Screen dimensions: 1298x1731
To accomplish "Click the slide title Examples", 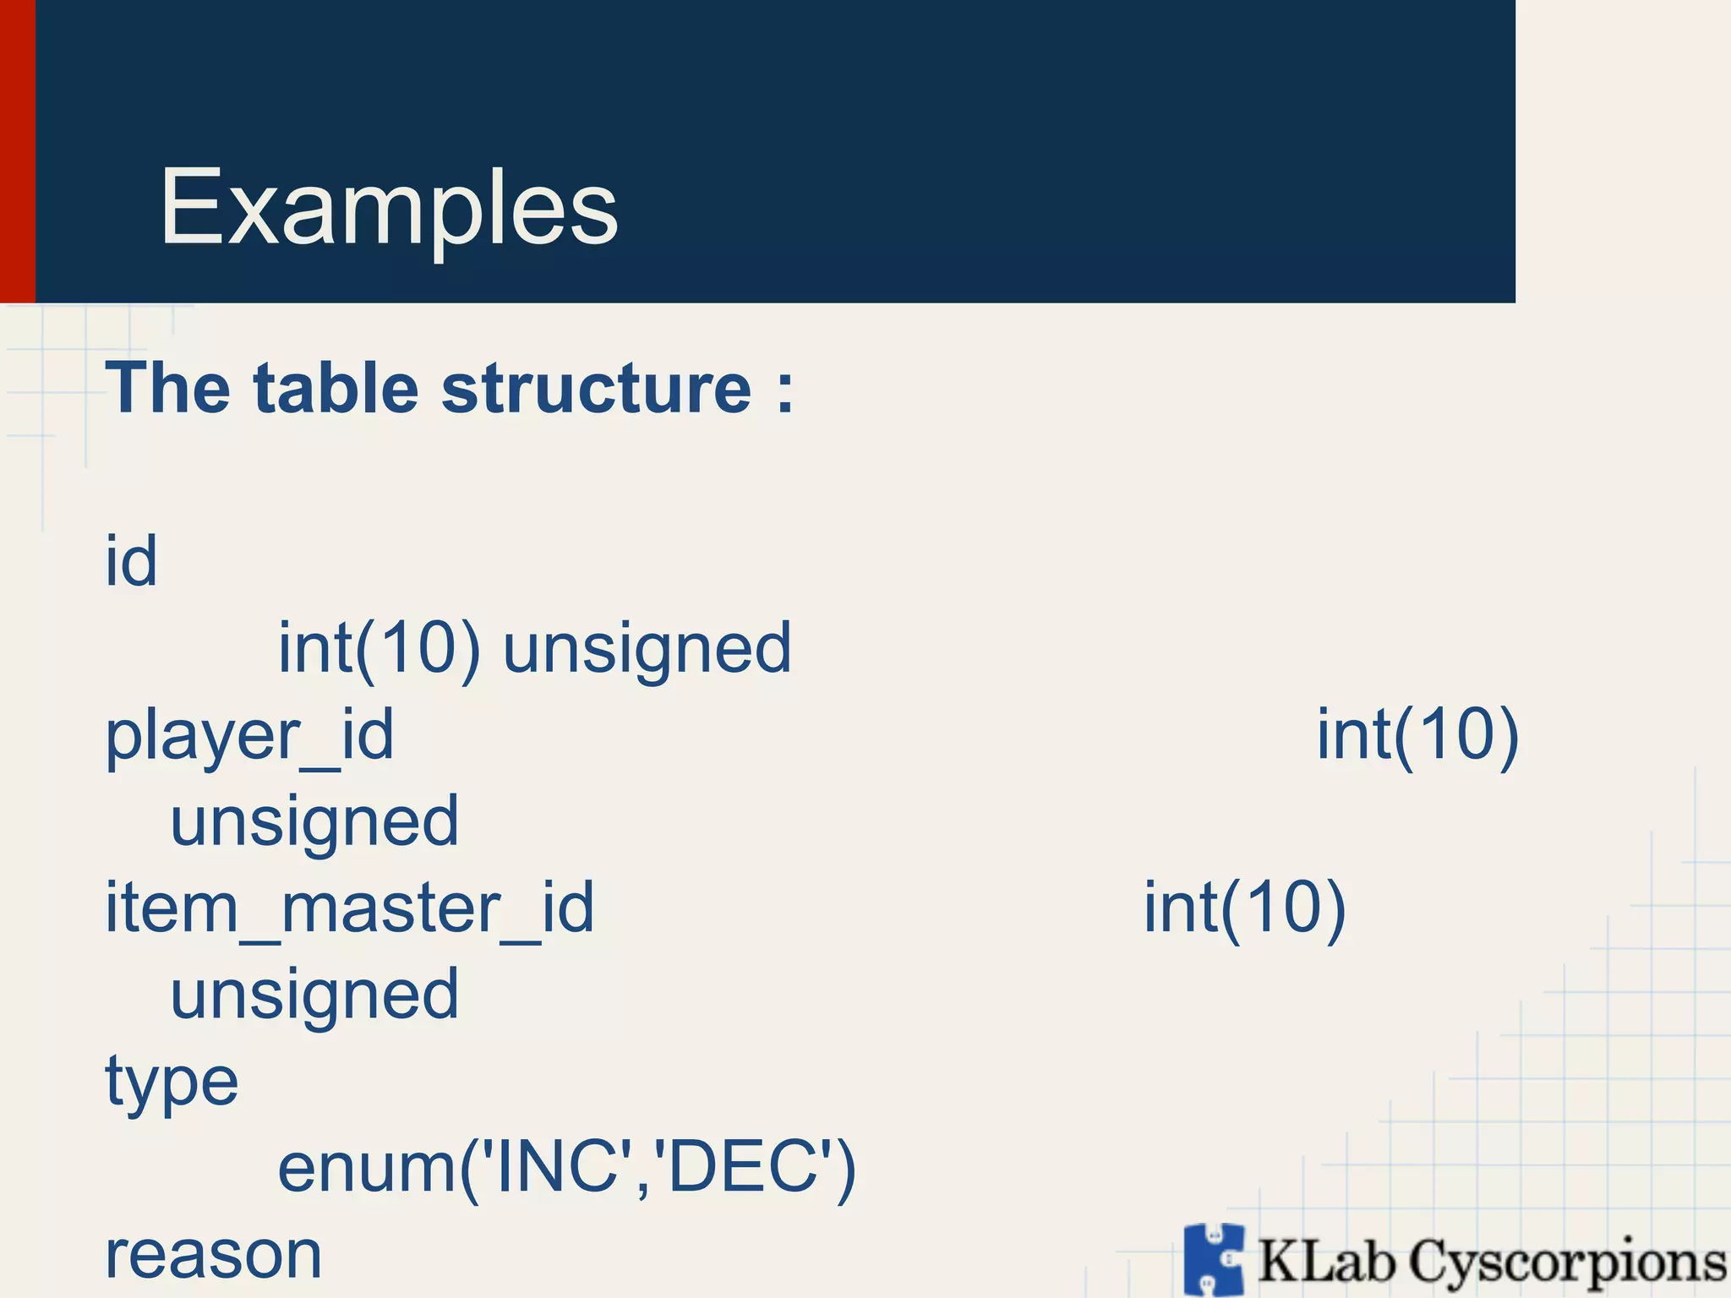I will point(389,208).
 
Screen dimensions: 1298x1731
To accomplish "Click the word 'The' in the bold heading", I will point(167,389).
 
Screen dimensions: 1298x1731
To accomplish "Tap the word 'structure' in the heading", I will point(596,389).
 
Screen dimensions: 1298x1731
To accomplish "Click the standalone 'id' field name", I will point(131,561).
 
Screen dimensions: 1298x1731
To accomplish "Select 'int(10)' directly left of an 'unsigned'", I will point(380,648).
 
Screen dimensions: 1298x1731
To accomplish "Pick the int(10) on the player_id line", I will point(1417,735).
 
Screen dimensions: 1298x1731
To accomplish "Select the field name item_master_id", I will point(349,908).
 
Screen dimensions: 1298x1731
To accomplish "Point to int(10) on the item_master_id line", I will point(1244,908).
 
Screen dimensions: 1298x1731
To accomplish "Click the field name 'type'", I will point(172,1083).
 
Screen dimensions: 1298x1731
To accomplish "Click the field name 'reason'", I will point(213,1256).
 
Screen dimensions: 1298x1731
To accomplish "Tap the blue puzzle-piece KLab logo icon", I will point(1215,1259).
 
